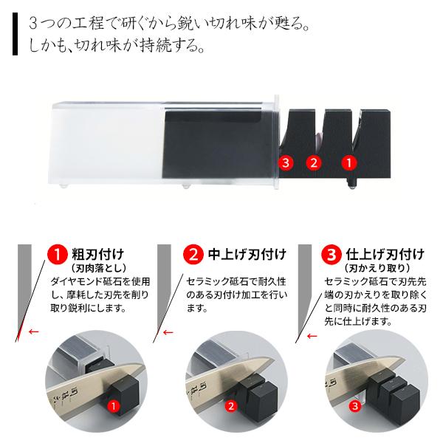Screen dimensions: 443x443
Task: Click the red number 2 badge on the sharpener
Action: pos(314,160)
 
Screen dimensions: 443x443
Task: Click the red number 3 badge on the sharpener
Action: pos(285,160)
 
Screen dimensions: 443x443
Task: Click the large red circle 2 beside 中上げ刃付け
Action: pos(193,256)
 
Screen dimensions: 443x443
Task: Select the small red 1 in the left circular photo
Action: pos(114,405)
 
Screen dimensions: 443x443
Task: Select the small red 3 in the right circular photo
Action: pos(355,405)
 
